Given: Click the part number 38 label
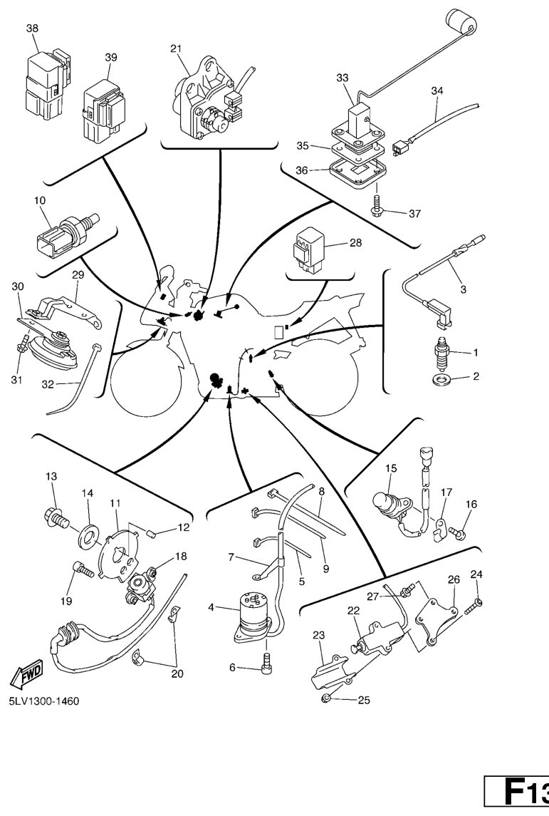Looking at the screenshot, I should (33, 29).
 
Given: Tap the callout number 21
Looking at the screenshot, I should (176, 48).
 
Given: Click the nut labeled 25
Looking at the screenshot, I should (325, 697).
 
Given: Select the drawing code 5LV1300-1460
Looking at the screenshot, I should (44, 701).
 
